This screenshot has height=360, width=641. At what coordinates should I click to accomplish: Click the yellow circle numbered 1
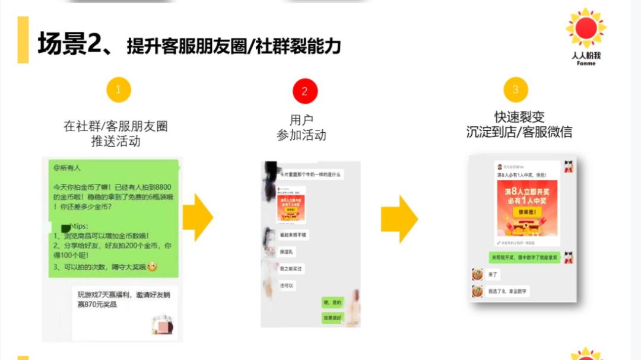118,91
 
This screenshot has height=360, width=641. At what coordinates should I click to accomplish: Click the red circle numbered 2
305,91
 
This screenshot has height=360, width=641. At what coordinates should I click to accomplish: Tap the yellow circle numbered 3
515,90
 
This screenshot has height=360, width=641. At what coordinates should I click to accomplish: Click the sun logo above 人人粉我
586,28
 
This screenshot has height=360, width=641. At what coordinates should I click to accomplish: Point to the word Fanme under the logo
586,63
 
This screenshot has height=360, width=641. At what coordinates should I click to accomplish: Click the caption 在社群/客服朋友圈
116,126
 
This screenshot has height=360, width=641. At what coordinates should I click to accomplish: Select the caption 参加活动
302,135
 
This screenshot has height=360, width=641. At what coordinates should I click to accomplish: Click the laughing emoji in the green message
153,267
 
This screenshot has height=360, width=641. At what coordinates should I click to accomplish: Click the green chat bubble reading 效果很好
332,318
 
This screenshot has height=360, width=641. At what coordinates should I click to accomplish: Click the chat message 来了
493,275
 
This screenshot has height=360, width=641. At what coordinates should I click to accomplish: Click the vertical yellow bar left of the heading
23,40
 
